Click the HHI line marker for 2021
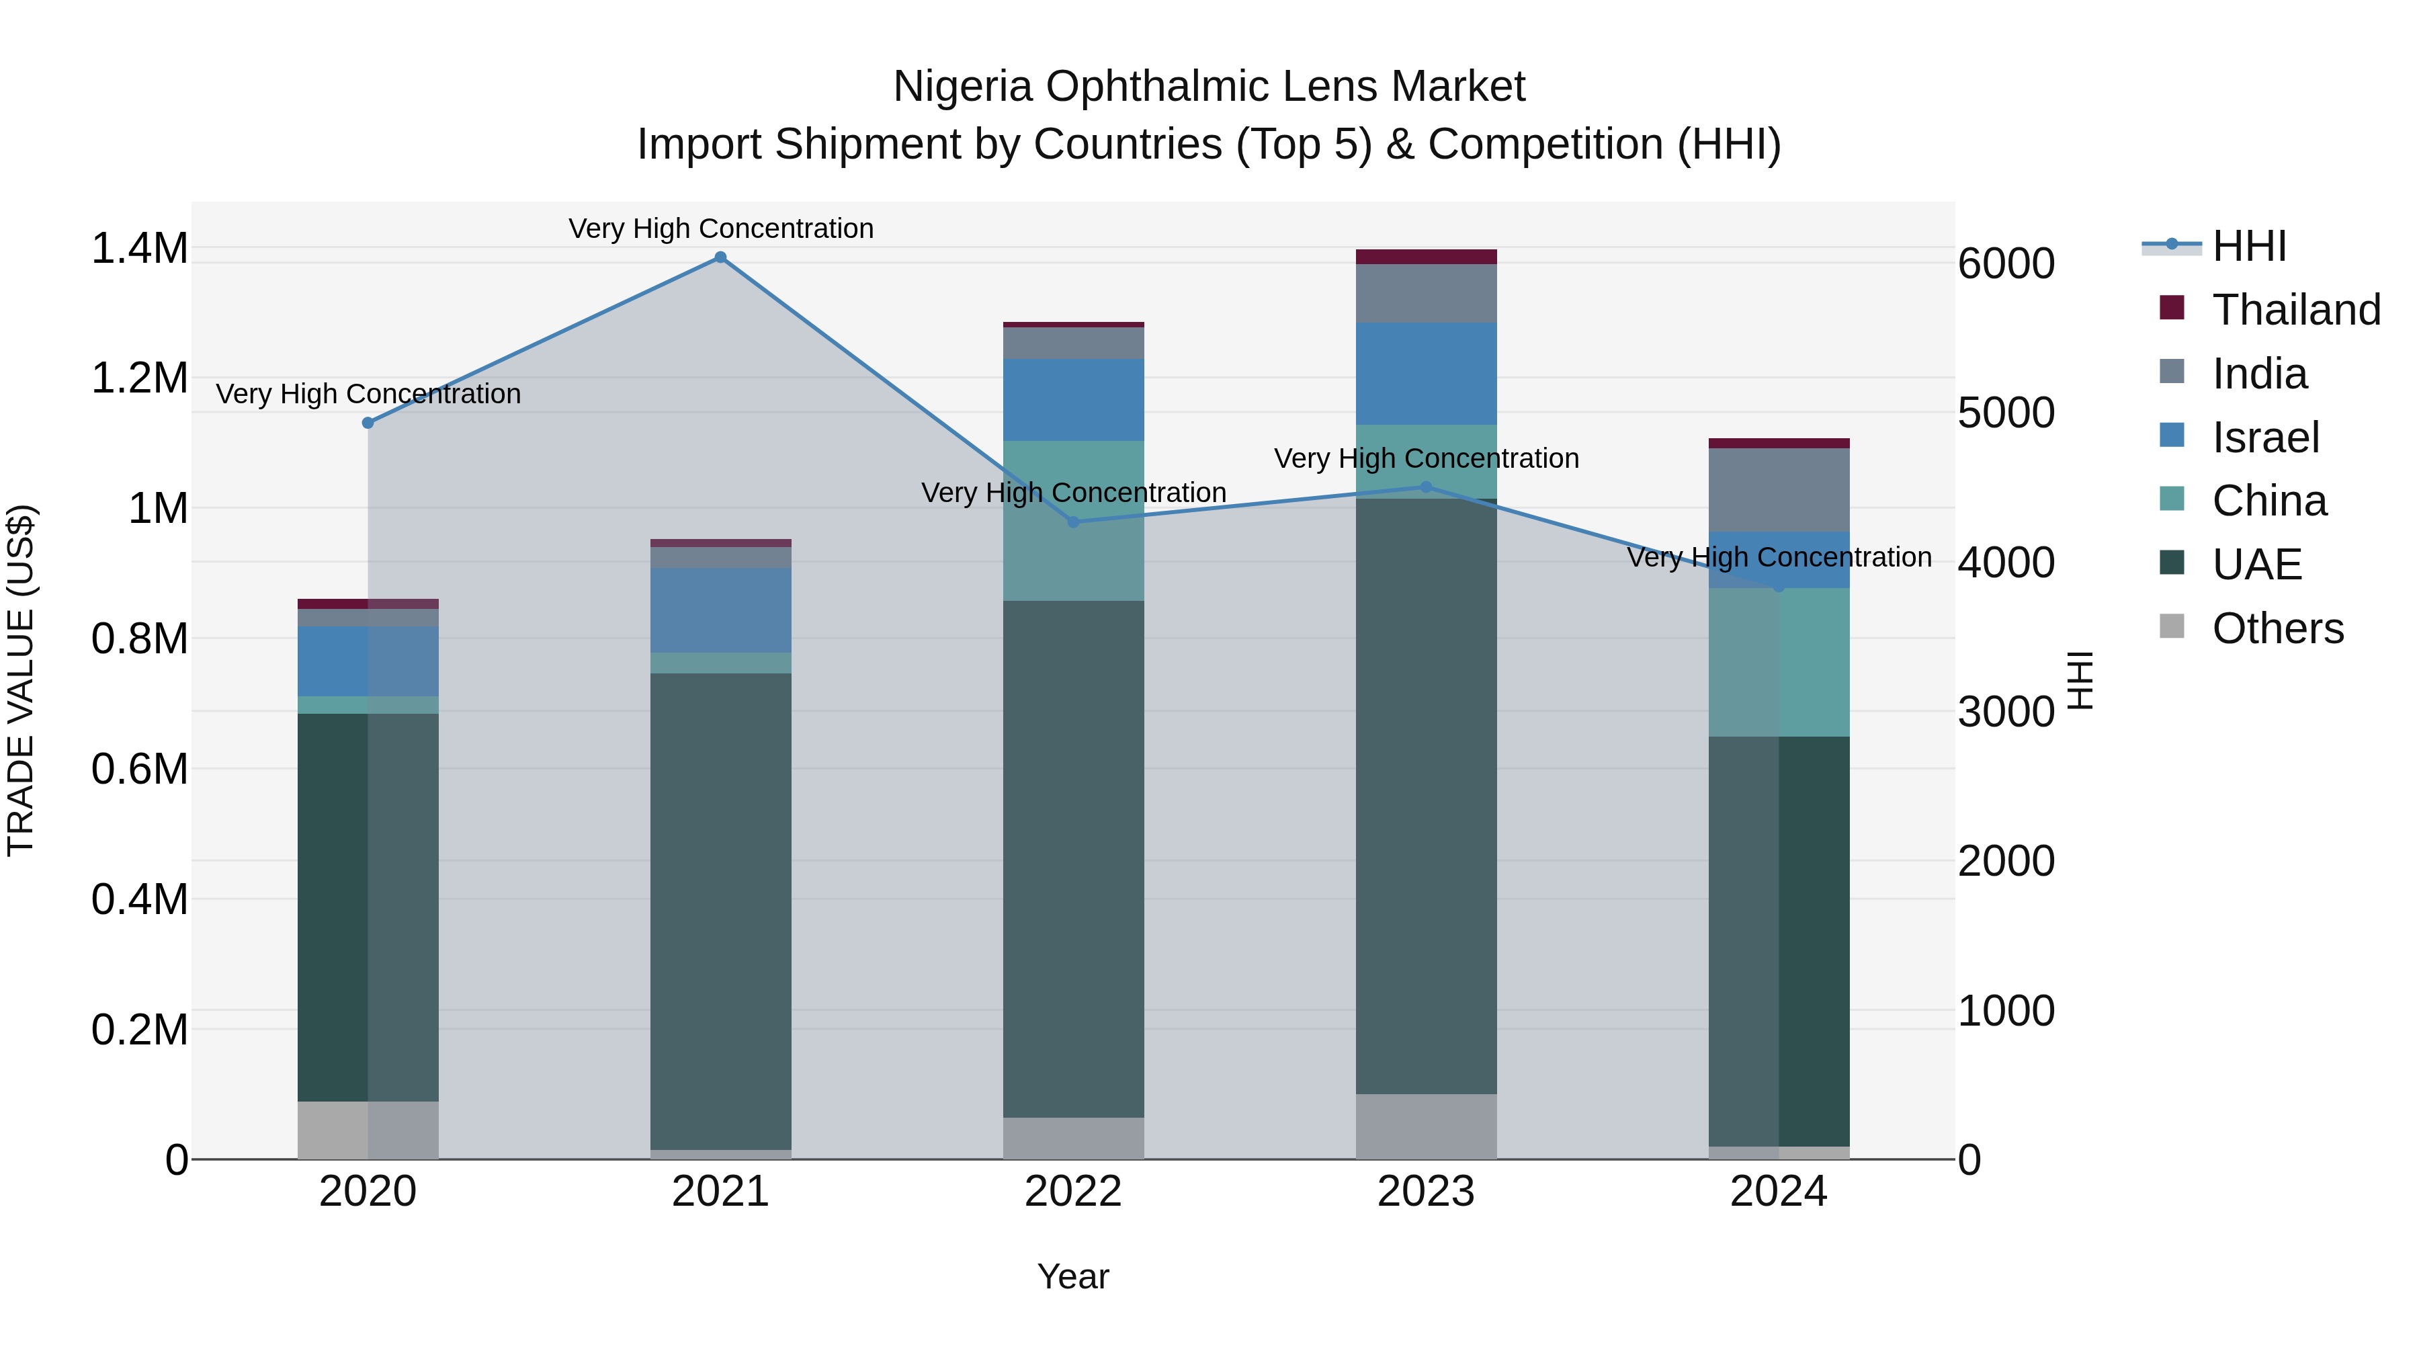(720, 257)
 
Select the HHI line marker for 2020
(368, 423)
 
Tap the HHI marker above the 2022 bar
(1073, 522)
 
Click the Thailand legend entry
(2296, 310)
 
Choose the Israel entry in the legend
(2265, 438)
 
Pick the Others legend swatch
(2172, 626)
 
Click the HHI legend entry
(2248, 246)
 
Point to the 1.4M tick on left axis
(139, 249)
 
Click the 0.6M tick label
(139, 770)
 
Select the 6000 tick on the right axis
(2006, 264)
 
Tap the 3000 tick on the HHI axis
(2006, 712)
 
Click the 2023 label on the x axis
(1425, 1192)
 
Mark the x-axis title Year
(1072, 1276)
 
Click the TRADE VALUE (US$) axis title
(21, 680)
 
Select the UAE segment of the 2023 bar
(1425, 796)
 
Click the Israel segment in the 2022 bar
(1073, 399)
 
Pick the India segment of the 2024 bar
(1779, 491)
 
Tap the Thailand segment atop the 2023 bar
(1425, 257)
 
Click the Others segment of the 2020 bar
(368, 1130)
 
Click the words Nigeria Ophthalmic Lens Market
(1209, 87)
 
